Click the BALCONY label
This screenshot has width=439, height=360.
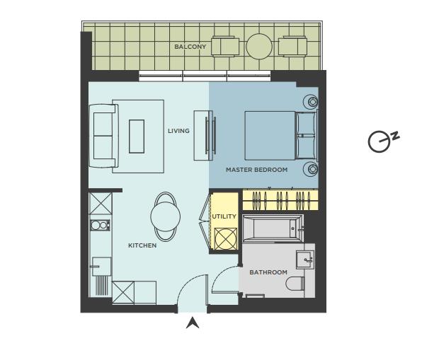[190, 47]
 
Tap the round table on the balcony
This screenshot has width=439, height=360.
[259, 47]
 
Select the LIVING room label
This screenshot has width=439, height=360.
[178, 131]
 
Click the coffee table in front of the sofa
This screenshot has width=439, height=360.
[137, 137]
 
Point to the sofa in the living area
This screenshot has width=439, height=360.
[104, 136]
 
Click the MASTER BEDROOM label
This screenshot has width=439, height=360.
[256, 170]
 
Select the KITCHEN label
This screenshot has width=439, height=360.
[142, 245]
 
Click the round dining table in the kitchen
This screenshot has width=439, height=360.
[166, 216]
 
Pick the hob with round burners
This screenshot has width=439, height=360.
[100, 225]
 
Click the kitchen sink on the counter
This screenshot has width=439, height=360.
[102, 267]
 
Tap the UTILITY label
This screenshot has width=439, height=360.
[224, 216]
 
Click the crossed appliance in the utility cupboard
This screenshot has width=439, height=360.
[226, 238]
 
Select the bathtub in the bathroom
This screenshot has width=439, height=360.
[273, 228]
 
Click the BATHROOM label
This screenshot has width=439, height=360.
[268, 272]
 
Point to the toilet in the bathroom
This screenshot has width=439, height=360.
[295, 284]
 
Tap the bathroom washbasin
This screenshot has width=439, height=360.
[305, 260]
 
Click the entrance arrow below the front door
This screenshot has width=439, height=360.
[193, 323]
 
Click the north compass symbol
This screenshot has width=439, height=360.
[383, 141]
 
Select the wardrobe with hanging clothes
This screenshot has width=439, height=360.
[280, 199]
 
